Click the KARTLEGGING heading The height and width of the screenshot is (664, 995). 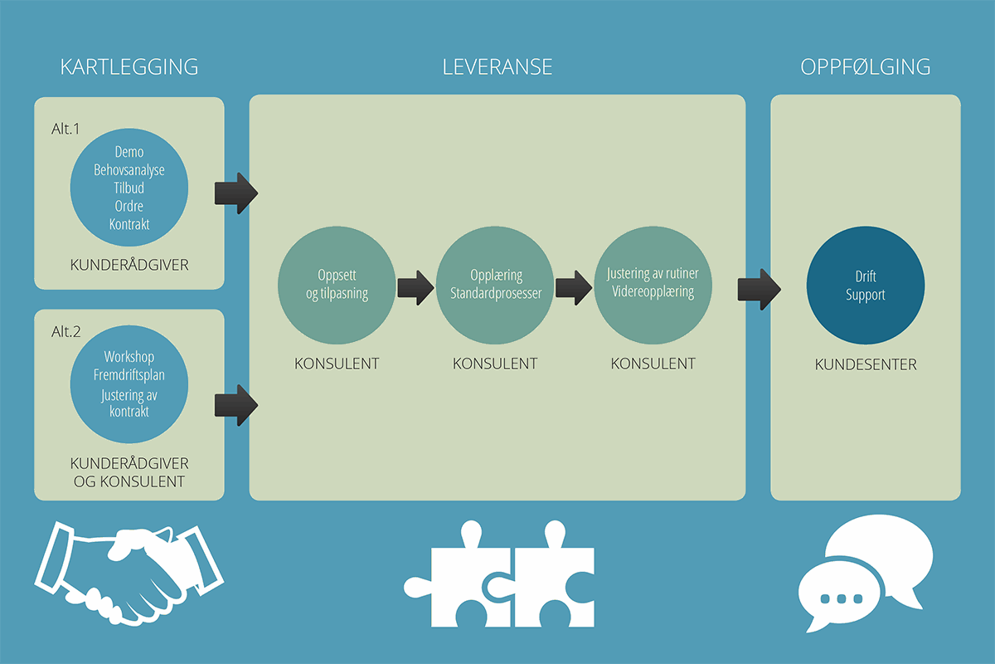129,67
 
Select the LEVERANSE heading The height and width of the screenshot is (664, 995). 498,67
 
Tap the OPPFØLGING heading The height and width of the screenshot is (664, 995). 866,67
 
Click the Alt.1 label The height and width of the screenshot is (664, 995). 66,129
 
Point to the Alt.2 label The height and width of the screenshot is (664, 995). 66,331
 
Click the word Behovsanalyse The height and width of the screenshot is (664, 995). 129,170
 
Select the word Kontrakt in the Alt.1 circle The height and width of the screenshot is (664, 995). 129,224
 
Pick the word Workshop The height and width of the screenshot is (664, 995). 129,357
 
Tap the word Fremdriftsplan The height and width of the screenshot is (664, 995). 129,375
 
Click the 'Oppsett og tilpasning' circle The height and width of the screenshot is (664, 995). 337,284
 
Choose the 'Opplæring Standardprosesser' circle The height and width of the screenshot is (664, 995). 496,284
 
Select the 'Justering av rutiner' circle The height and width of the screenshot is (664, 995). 653,284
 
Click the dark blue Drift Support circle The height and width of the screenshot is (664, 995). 866,286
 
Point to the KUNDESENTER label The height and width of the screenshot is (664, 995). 866,364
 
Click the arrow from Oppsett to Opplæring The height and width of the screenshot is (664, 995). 415,288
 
